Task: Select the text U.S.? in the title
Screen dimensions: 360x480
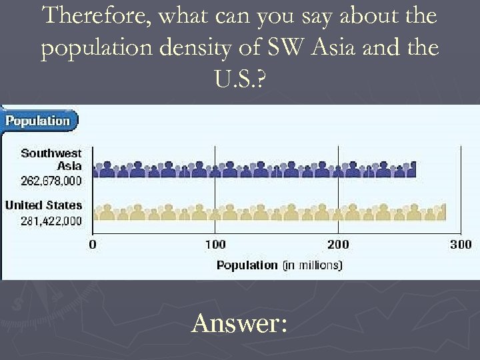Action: tap(239, 81)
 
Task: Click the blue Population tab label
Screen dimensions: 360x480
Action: tap(38, 121)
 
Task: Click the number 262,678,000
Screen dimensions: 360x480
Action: tap(45, 180)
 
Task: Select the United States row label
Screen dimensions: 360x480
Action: tap(44, 205)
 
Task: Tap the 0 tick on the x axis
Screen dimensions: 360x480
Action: tap(92, 245)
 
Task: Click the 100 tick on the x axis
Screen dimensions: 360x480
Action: tap(215, 245)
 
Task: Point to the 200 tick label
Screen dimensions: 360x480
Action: tap(338, 245)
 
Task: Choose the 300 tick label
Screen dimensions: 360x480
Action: tap(461, 245)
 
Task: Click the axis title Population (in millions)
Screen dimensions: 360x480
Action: tap(279, 265)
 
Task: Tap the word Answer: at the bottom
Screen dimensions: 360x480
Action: tap(239, 324)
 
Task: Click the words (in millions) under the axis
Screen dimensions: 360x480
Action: tap(312, 265)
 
